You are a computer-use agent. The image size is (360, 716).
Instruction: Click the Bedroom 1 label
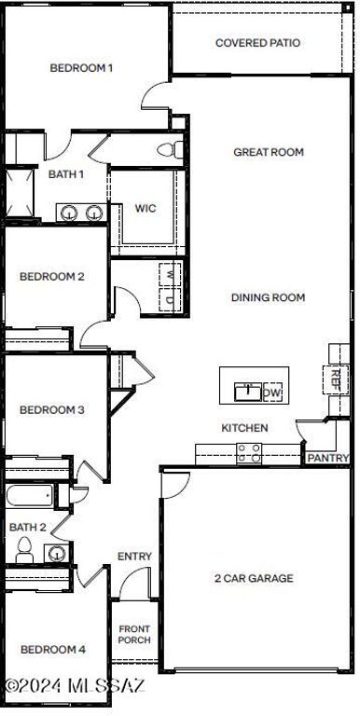81,67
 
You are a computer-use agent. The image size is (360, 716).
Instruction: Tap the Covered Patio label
258,43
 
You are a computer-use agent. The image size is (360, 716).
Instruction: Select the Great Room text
269,152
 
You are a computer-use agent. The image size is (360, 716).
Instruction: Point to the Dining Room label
269,297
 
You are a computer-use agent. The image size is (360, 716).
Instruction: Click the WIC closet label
145,208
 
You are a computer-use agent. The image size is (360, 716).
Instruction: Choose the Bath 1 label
66,173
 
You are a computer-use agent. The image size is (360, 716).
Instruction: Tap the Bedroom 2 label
52,276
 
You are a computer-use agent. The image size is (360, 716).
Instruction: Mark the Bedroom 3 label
52,409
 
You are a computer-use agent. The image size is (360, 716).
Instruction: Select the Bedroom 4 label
53,649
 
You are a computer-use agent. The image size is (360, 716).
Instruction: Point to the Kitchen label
244,428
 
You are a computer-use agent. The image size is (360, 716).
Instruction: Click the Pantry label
328,458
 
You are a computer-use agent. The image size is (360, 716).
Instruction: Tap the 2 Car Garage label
254,578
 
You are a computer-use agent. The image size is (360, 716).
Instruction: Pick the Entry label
134,557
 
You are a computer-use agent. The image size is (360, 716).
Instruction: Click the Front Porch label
134,635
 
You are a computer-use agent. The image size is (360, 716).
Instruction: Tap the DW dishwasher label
272,392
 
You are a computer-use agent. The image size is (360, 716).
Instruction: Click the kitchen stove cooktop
249,453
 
